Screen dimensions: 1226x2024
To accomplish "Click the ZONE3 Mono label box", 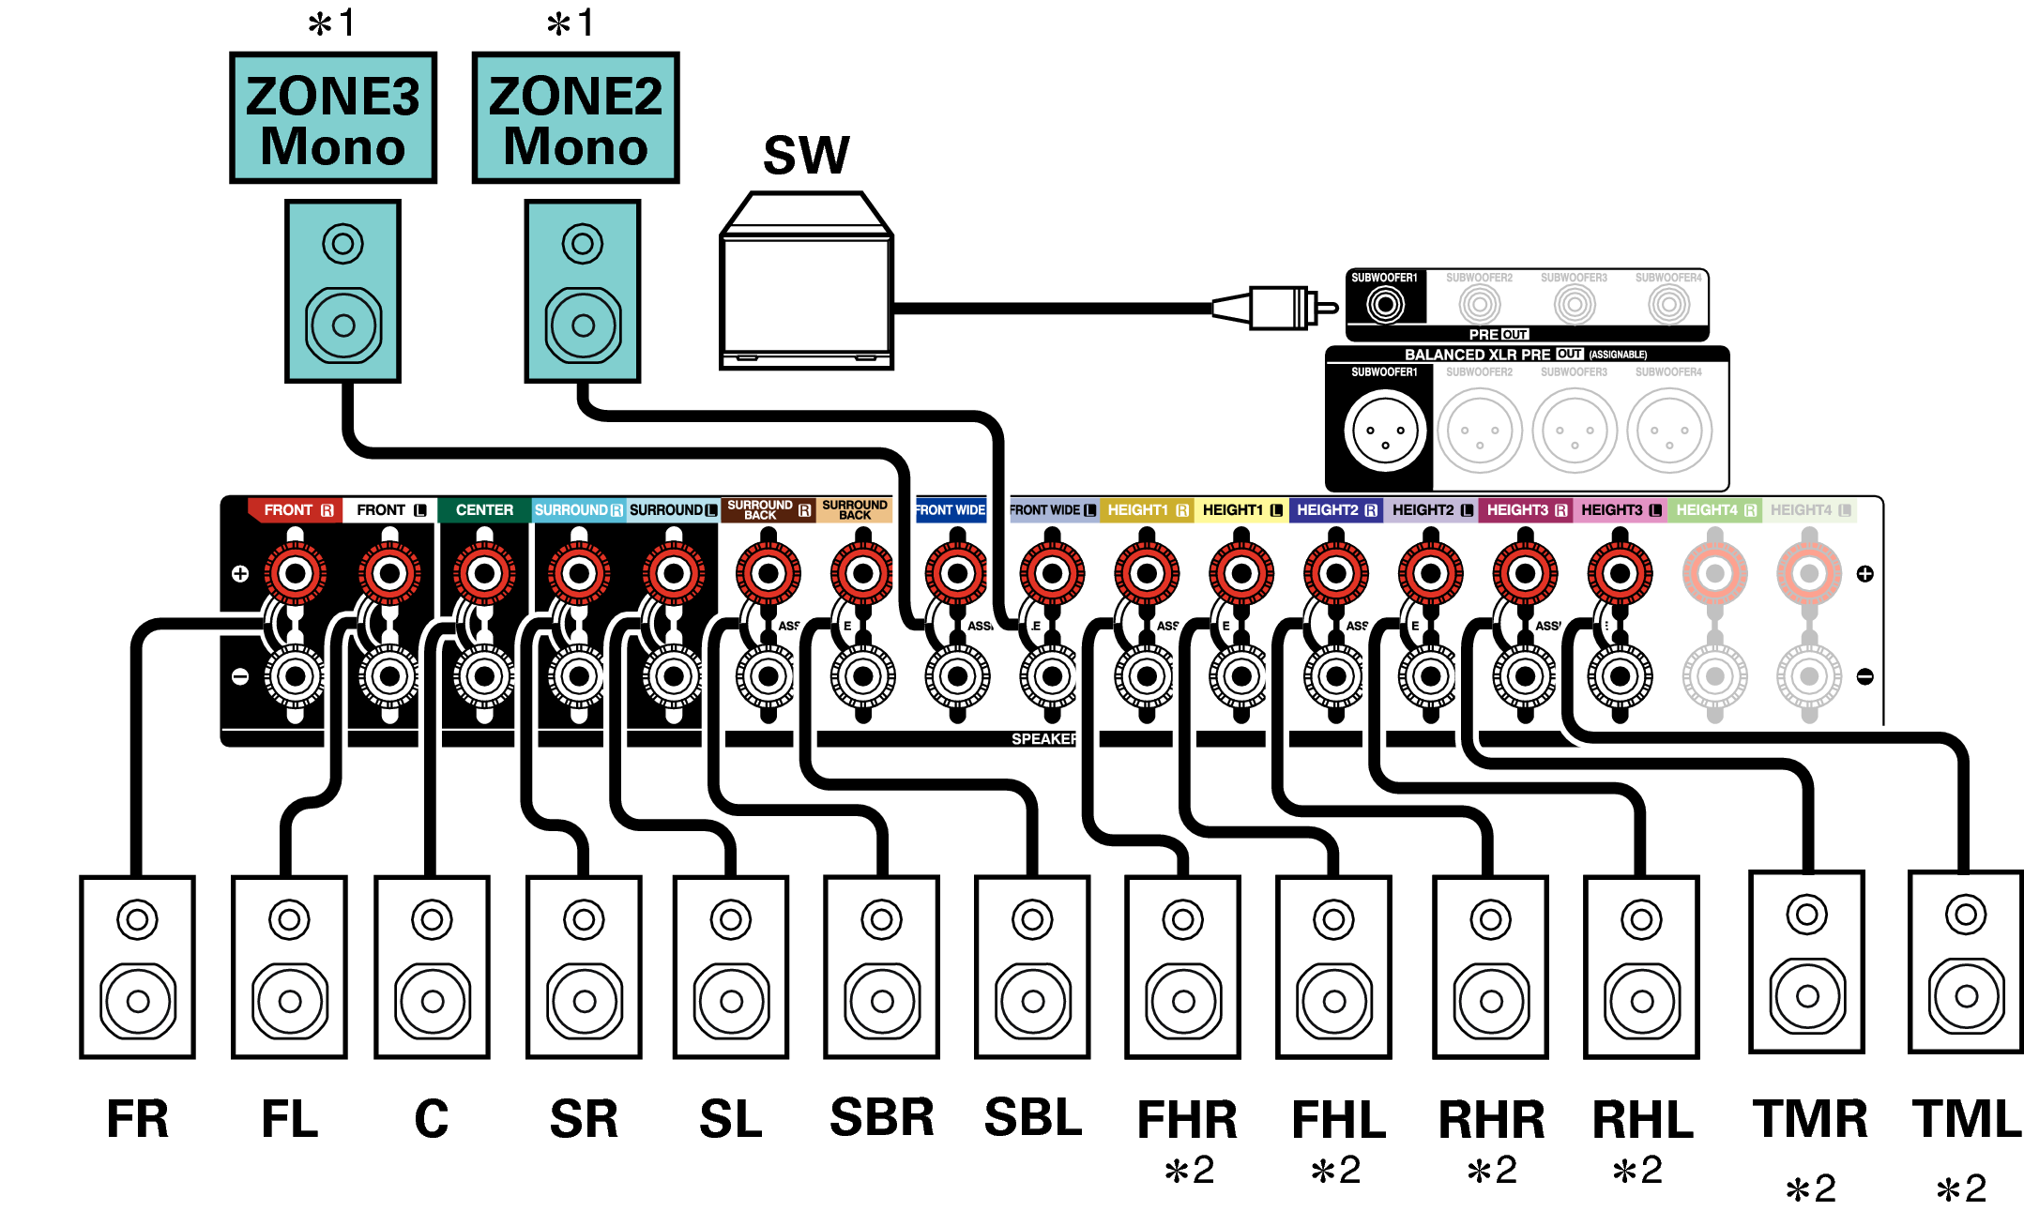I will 333,118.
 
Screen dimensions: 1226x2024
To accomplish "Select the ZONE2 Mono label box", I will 575,118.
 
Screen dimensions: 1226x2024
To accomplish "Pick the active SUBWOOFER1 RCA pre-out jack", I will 1385,304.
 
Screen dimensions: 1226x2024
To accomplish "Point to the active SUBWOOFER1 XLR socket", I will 1385,431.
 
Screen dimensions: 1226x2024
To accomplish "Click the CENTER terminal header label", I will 484,510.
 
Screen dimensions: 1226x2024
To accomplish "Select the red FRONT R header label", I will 297,510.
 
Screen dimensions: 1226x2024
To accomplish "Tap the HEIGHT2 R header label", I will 1336,510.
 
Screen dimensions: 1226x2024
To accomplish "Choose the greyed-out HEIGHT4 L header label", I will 1810,510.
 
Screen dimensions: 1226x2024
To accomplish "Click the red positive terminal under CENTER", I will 484,573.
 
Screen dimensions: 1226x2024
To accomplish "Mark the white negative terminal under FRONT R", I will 296,675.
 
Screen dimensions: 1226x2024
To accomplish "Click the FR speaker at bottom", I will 137,966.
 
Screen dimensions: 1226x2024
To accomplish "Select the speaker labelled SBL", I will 1032,966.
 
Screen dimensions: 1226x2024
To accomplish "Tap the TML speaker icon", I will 1966,961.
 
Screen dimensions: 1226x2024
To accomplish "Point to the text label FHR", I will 1187,1119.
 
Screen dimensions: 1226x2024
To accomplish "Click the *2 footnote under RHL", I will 1637,1170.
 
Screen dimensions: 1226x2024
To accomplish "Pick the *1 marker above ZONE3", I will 332,23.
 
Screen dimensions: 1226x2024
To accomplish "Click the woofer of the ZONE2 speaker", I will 583,325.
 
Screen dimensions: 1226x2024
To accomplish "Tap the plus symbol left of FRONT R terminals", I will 240,573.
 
